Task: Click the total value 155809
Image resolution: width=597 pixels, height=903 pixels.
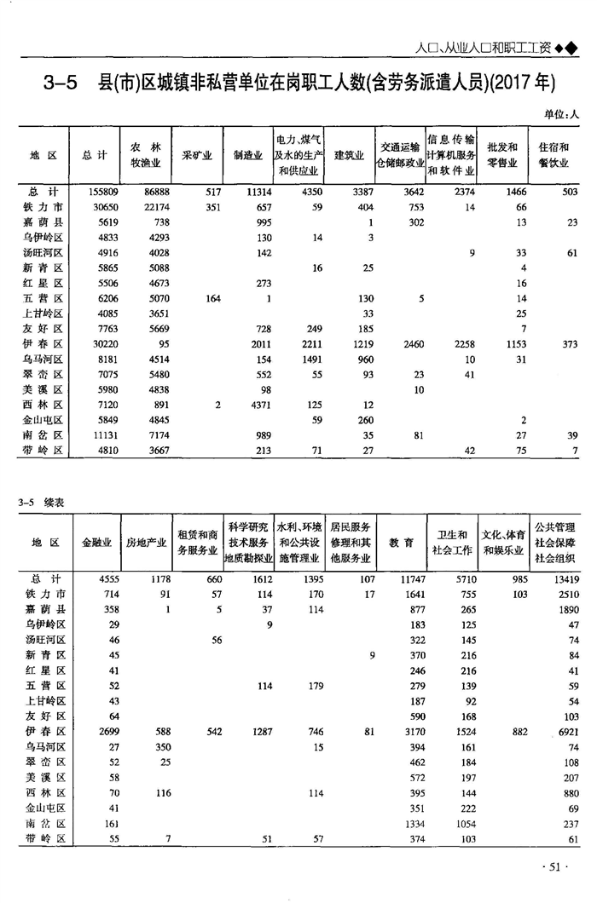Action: (x=101, y=193)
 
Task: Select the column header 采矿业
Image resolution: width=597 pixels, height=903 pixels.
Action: (x=197, y=156)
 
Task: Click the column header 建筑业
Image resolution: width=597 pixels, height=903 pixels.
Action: (x=349, y=156)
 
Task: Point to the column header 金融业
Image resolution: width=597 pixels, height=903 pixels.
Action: (x=96, y=542)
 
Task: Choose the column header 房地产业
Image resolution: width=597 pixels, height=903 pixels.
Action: (x=146, y=542)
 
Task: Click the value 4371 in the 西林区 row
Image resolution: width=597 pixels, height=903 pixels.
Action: (x=254, y=405)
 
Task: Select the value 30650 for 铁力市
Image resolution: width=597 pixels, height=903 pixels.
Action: (x=101, y=207)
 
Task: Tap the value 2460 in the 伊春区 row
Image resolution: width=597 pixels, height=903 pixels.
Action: (x=408, y=343)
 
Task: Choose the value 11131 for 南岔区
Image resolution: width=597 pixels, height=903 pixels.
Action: (x=101, y=434)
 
